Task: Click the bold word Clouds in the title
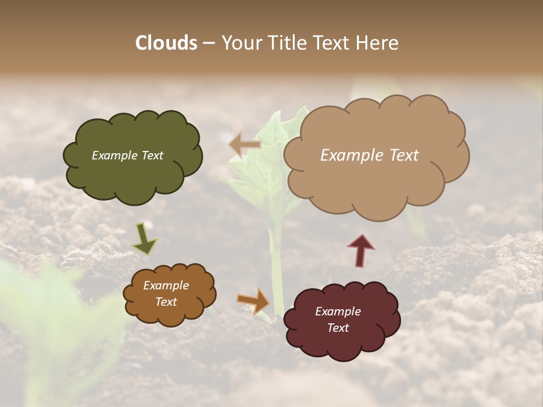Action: [x=166, y=43]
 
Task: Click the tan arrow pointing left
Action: [x=244, y=145]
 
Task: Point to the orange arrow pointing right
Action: [x=254, y=300]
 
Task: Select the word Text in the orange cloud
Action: [x=166, y=302]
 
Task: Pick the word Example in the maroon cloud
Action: [x=338, y=311]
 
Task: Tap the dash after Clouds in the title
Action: [x=209, y=43]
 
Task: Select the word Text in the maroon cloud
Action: [x=338, y=328]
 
